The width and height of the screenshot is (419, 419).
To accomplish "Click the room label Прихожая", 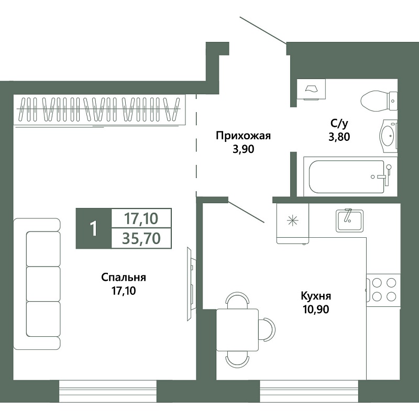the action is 243,136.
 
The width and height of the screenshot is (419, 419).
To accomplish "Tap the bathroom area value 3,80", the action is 339,137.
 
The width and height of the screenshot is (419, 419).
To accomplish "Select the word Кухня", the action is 316,296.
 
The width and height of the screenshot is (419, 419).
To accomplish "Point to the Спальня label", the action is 124,278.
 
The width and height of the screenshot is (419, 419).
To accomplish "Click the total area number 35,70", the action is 141,238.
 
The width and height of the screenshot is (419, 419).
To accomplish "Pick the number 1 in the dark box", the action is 93,229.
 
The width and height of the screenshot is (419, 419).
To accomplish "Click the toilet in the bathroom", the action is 379,101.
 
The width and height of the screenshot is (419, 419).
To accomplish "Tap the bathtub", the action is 350,177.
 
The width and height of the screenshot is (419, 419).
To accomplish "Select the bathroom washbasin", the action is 389,136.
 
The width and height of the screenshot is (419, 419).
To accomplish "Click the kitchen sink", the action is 349,220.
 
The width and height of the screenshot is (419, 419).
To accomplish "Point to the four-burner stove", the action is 383,290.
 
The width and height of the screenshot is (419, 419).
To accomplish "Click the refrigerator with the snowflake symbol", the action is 293,224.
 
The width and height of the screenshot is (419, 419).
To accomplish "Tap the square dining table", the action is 237,330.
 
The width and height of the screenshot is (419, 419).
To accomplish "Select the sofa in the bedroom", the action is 37,284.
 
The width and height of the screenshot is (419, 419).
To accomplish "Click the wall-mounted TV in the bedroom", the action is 191,284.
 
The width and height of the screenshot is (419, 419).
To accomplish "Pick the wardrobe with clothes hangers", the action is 99,109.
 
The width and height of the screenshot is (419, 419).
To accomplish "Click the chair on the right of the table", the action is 268,329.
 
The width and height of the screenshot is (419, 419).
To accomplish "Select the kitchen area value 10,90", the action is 316,310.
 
